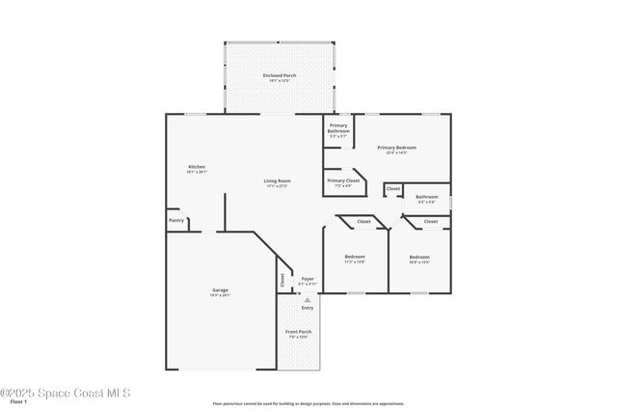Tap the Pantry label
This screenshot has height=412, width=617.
click(x=176, y=220)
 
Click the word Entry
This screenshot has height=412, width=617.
click(x=307, y=308)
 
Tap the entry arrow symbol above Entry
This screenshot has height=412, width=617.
click(x=307, y=299)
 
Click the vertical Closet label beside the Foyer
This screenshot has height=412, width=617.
click(x=282, y=280)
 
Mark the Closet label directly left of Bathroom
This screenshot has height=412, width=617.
click(x=393, y=188)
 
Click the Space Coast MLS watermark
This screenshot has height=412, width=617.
click(x=65, y=393)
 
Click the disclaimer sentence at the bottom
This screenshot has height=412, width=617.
click(x=308, y=404)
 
